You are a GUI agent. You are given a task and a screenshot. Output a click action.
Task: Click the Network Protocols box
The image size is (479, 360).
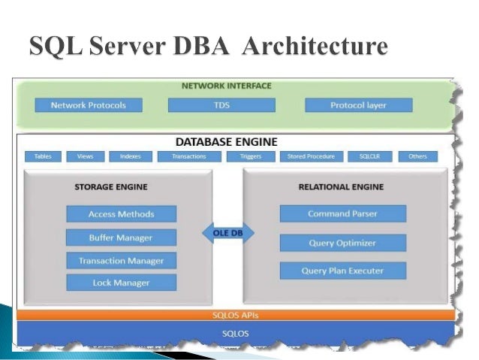click(88, 105)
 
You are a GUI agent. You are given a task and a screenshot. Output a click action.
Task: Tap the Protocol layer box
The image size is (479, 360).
click(358, 105)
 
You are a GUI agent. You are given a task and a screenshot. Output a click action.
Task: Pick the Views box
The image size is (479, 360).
click(84, 156)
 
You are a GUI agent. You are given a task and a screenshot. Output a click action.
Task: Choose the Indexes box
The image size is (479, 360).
click(130, 156)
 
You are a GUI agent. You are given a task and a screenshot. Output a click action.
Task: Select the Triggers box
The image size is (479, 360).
click(251, 156)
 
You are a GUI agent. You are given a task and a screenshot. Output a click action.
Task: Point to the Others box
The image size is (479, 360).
click(417, 156)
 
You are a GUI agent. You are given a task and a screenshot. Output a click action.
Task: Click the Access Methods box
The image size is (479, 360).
click(121, 214)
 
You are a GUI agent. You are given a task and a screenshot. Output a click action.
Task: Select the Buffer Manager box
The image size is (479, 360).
click(121, 237)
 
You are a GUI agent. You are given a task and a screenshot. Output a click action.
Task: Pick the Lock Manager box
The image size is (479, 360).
click(121, 283)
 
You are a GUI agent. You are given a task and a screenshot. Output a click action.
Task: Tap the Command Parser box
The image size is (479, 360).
click(342, 214)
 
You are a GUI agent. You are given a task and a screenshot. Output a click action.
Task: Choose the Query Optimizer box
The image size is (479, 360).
click(342, 243)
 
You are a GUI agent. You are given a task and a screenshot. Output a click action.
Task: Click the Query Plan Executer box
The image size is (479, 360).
click(342, 270)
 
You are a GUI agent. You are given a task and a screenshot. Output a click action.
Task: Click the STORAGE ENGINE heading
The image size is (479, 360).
click(110, 186)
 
